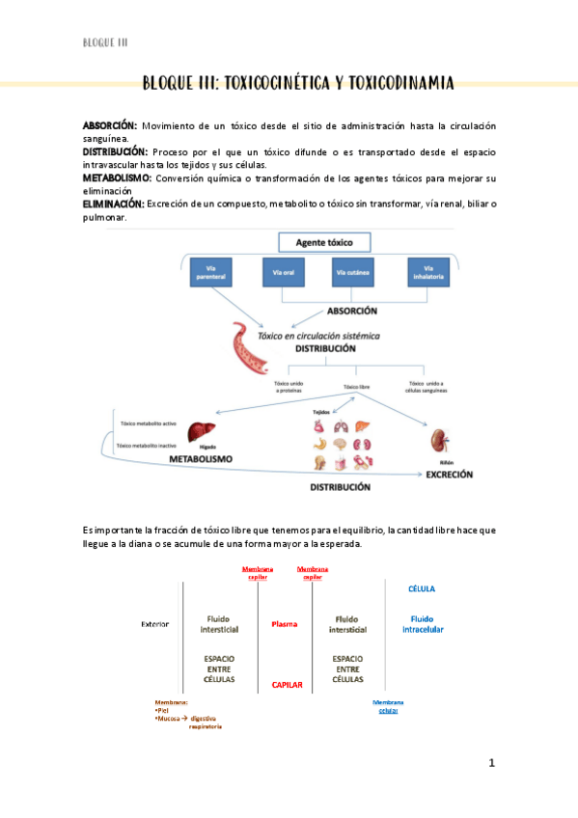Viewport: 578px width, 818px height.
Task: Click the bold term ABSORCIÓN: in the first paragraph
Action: tap(109, 125)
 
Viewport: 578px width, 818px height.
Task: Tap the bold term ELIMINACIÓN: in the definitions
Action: tap(113, 204)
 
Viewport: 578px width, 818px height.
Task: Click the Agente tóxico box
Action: tap(325, 242)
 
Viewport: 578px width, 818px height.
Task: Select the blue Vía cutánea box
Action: tap(355, 272)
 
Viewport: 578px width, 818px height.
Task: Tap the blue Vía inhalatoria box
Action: tap(427, 272)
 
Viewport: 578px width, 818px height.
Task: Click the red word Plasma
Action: tap(284, 624)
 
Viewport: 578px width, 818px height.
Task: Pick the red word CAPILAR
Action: tap(287, 685)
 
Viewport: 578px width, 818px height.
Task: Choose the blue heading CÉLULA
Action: tap(422, 587)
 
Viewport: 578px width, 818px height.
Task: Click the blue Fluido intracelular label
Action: tap(422, 624)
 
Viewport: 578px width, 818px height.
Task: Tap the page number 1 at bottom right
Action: tap(491, 763)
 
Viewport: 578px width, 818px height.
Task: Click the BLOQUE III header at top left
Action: tap(105, 42)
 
